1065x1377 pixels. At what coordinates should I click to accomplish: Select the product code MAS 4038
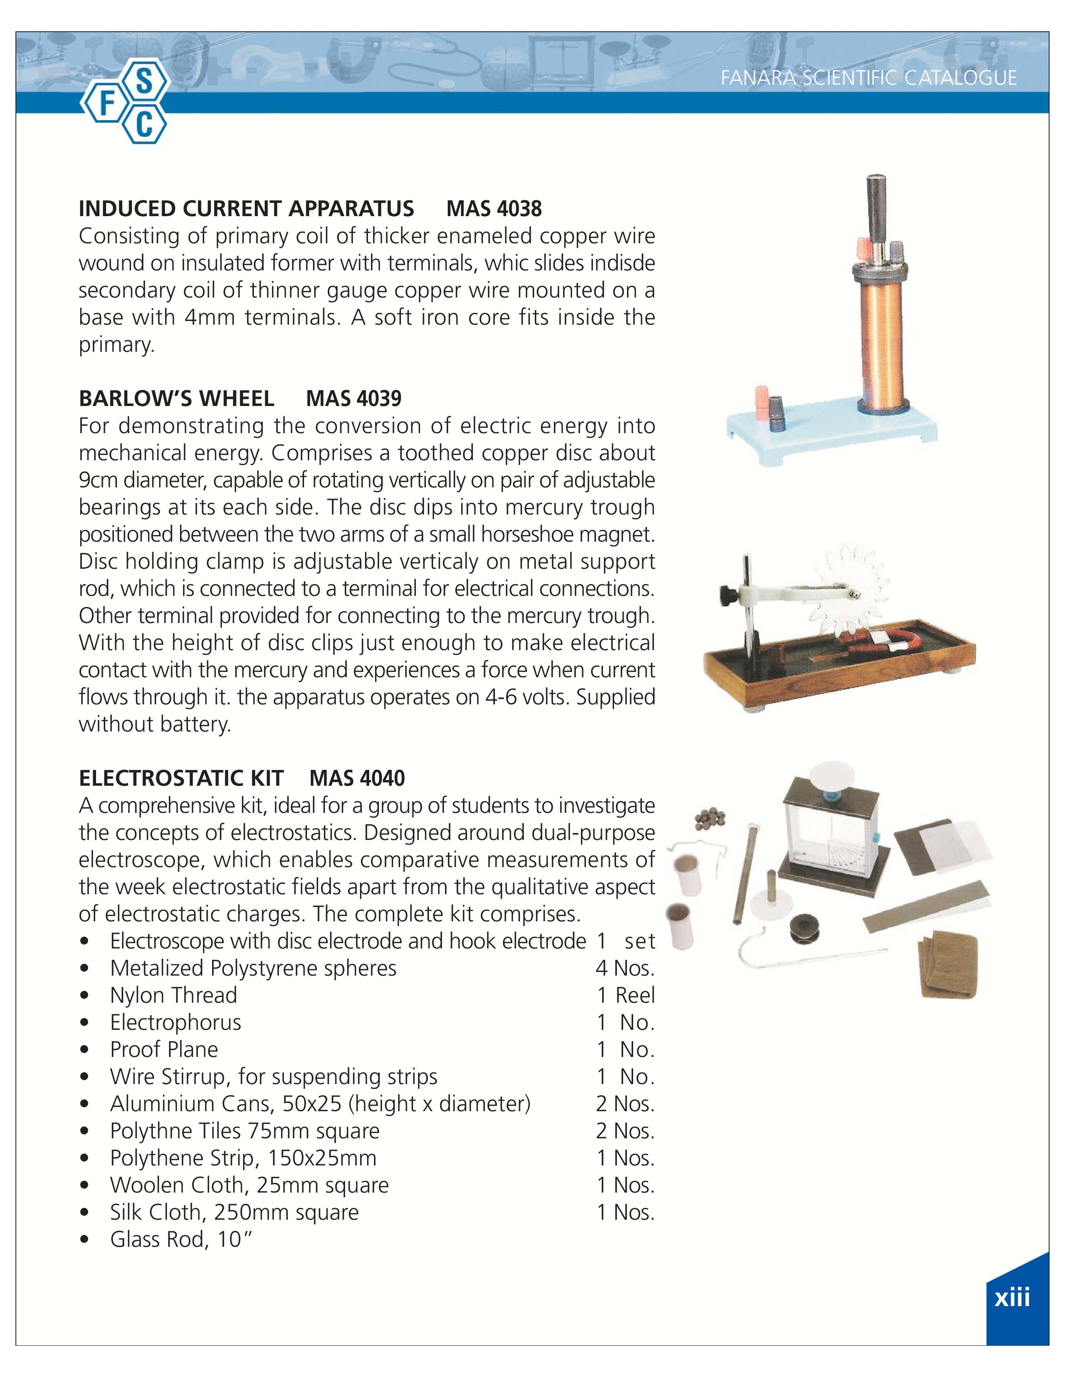[x=494, y=208]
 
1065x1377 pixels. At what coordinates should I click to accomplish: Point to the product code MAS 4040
[x=357, y=778]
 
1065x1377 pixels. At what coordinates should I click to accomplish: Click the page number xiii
[x=1012, y=1298]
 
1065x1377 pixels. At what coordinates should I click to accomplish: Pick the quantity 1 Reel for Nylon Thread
[x=626, y=995]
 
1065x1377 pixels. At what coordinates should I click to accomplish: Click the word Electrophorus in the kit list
[x=175, y=1022]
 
